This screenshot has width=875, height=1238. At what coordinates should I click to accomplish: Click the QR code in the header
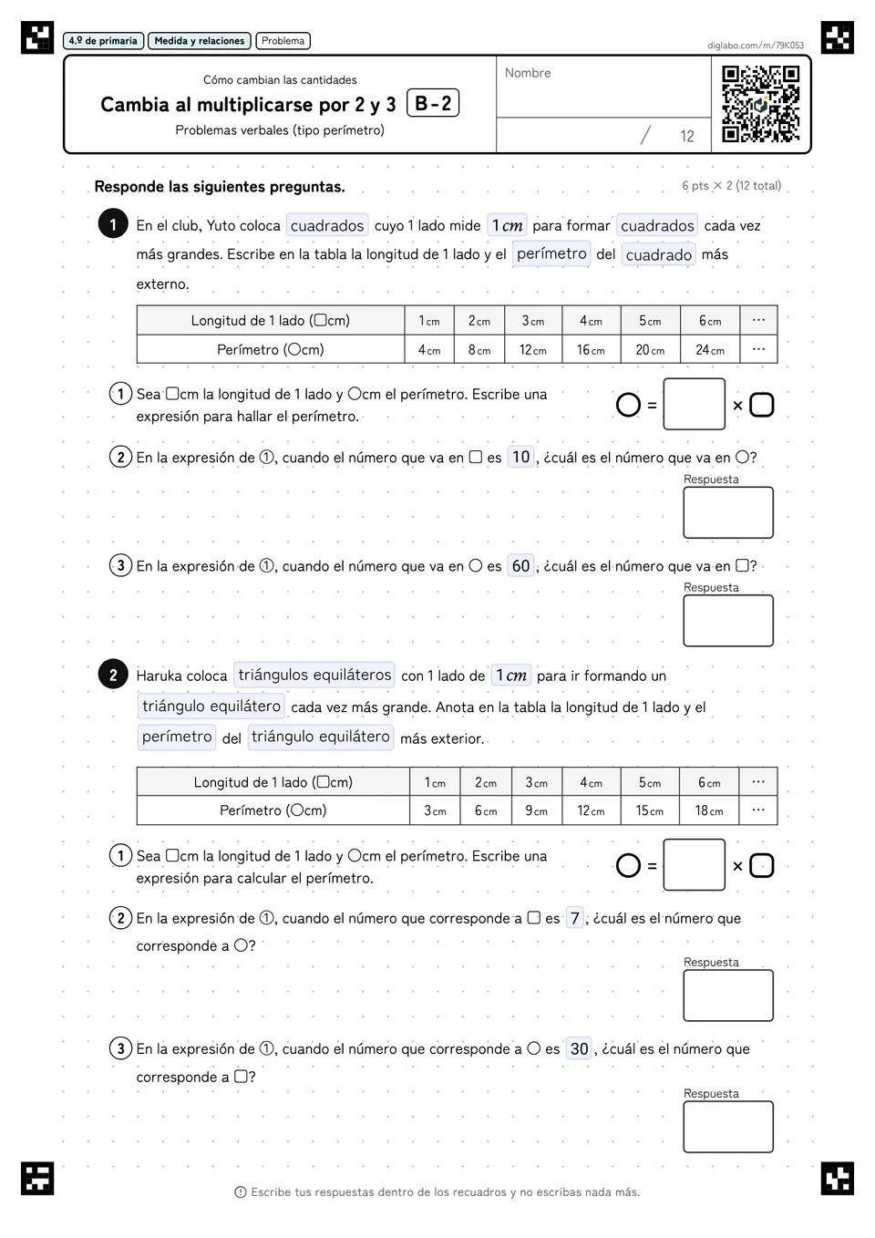pos(760,104)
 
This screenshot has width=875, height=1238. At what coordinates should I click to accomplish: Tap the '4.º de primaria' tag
pos(103,41)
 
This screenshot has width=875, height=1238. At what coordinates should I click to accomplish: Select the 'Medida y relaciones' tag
pos(200,41)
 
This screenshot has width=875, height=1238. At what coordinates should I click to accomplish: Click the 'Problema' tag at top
pos(283,41)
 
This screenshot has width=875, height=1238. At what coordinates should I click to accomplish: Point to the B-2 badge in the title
pos(433,103)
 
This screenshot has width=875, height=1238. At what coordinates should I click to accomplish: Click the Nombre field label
pos(528,73)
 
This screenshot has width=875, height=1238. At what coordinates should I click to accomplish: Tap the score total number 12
pos(686,136)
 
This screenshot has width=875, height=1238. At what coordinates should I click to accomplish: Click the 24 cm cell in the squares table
pos(710,349)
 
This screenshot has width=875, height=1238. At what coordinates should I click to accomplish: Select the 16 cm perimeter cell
pos(591,349)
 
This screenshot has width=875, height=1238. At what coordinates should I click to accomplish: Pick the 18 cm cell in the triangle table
pos(709,810)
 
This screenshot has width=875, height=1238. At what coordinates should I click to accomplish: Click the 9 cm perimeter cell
pos(536,810)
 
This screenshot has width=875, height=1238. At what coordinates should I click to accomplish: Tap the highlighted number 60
pos(520,566)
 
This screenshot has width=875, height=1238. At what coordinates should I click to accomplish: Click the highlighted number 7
pos(574,918)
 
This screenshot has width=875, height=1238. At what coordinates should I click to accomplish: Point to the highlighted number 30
pos(579,1049)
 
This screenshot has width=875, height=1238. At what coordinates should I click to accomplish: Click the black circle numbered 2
pos(113,675)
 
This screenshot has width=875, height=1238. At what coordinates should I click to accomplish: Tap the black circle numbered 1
pos(113,223)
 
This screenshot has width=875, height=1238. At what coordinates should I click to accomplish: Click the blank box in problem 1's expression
pos(694,404)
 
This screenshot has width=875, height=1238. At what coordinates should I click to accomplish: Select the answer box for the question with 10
pos(728,512)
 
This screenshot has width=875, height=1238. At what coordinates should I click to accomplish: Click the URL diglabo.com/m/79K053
pos(755,46)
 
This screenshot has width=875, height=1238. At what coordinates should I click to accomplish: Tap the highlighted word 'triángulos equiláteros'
pos(314,675)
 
